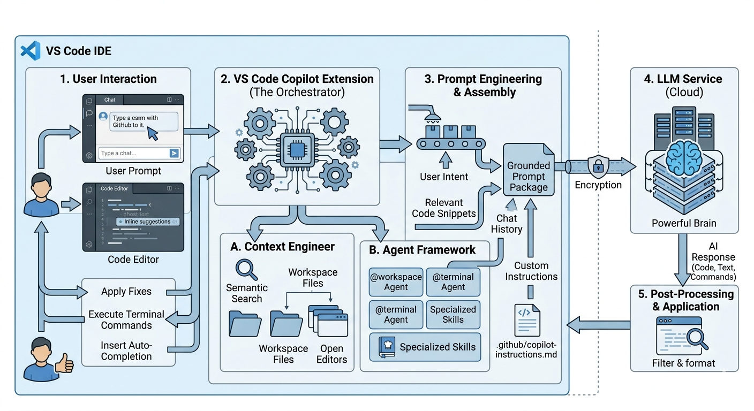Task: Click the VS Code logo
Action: [31, 51]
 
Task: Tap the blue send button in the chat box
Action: [174, 153]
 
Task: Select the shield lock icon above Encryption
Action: [596, 166]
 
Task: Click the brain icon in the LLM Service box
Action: [684, 155]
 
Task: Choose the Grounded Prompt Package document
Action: [528, 170]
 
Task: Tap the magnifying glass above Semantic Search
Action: [246, 269]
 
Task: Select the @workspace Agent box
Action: [396, 282]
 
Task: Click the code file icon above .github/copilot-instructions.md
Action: [527, 319]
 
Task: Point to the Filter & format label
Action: [683, 363]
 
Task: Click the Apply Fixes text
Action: [126, 292]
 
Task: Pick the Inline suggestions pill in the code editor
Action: [148, 222]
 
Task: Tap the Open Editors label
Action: [331, 354]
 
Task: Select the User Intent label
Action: [444, 177]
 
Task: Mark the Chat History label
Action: [507, 224]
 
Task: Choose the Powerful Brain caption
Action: [684, 223]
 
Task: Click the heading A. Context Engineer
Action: [282, 247]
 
